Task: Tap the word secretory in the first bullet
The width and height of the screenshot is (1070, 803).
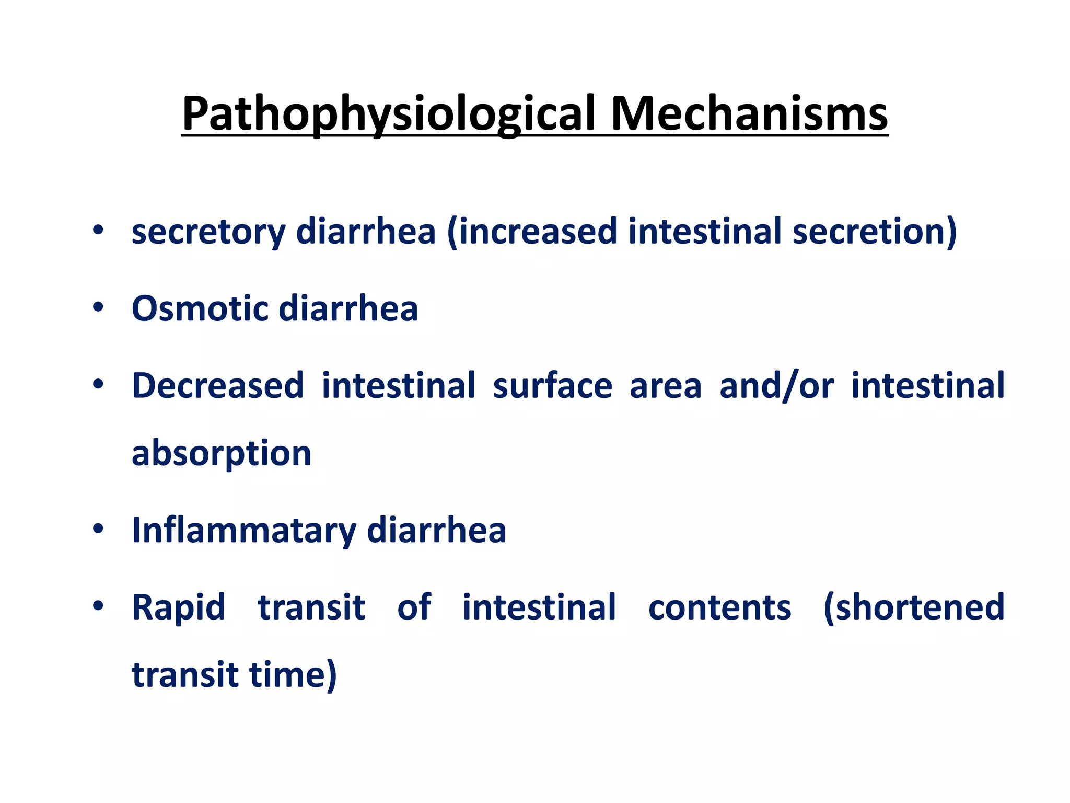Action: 208,232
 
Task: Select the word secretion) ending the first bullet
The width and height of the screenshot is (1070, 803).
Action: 874,232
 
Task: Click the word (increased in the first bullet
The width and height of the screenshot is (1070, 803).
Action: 532,232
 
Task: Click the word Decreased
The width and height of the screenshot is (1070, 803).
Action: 217,386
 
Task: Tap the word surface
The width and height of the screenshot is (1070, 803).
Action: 552,386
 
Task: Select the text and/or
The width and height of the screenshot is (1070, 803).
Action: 776,386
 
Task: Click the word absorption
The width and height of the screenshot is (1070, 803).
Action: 222,453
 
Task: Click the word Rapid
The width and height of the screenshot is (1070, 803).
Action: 179,607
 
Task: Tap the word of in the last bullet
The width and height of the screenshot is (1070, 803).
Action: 414,607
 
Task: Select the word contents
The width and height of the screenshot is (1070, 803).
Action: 719,607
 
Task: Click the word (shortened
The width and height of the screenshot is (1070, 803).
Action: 914,607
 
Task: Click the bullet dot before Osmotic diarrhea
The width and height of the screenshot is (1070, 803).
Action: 98,307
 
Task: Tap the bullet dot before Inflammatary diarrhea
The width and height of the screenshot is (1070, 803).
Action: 98,529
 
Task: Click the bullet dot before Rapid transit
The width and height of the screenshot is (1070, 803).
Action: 98,606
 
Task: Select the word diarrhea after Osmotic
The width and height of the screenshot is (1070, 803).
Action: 348,308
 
